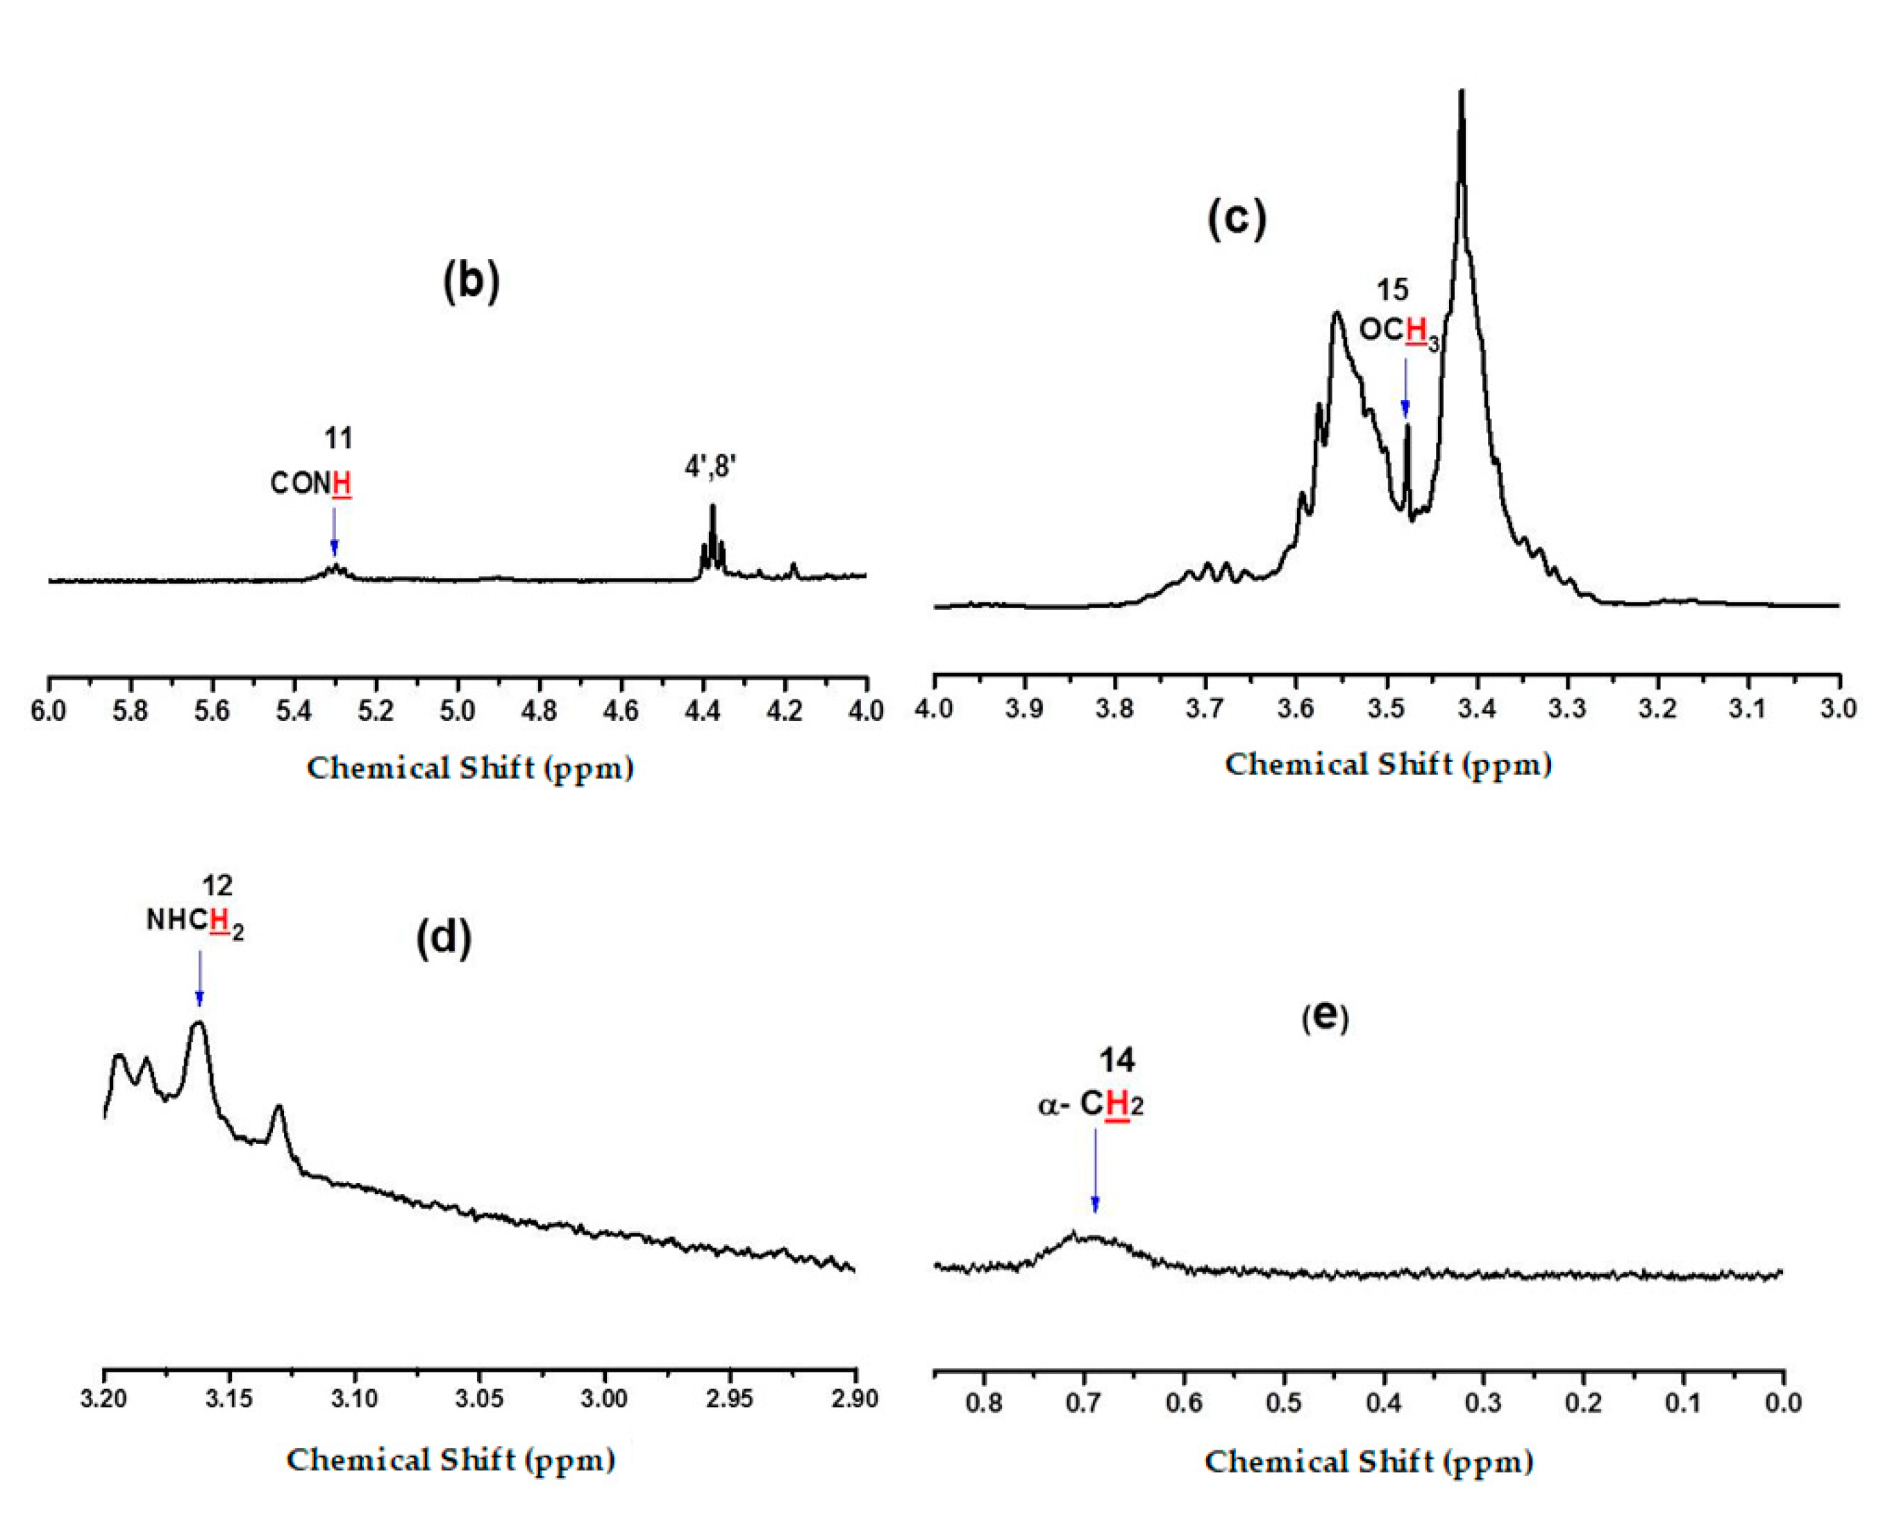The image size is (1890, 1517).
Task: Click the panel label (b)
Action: pyautogui.click(x=471, y=283)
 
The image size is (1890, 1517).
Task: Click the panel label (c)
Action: pyautogui.click(x=1237, y=218)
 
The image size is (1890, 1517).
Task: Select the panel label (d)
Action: pyautogui.click(x=444, y=938)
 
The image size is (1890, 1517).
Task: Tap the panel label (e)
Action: pyautogui.click(x=1325, y=1016)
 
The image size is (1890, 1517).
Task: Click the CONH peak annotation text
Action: pyautogui.click(x=311, y=483)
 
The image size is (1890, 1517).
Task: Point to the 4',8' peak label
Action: pyautogui.click(x=710, y=467)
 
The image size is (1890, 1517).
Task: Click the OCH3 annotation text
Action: pyautogui.click(x=1399, y=331)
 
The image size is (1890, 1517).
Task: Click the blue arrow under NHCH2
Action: pyautogui.click(x=200, y=979)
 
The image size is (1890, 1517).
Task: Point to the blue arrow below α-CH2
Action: pyautogui.click(x=1095, y=1170)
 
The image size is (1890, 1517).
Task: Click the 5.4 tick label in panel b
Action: pyautogui.click(x=294, y=711)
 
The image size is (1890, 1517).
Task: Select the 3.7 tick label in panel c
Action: pyautogui.click(x=1206, y=708)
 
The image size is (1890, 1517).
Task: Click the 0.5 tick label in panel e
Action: pyautogui.click(x=1285, y=1403)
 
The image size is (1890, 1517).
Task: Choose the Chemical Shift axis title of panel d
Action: pyautogui.click(x=451, y=1460)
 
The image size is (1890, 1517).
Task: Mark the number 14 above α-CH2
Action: pyautogui.click(x=1117, y=1061)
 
